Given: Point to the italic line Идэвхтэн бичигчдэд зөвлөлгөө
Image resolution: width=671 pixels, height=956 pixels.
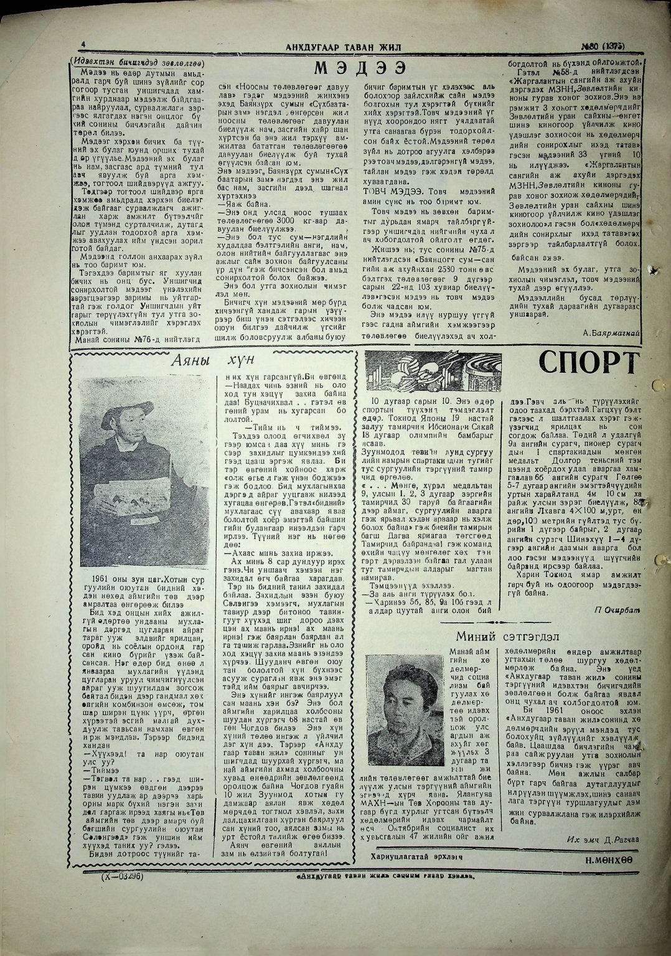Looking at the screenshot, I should [138, 62].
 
